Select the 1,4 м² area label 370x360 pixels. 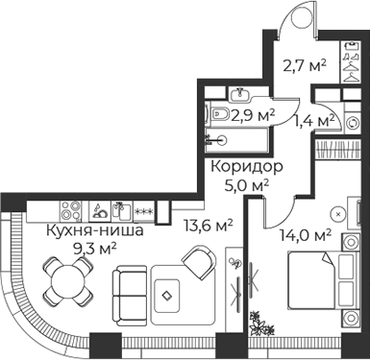point(313,121)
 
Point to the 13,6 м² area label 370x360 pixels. point(210,226)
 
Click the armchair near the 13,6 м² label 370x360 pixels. point(203,261)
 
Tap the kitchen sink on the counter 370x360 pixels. point(120,207)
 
